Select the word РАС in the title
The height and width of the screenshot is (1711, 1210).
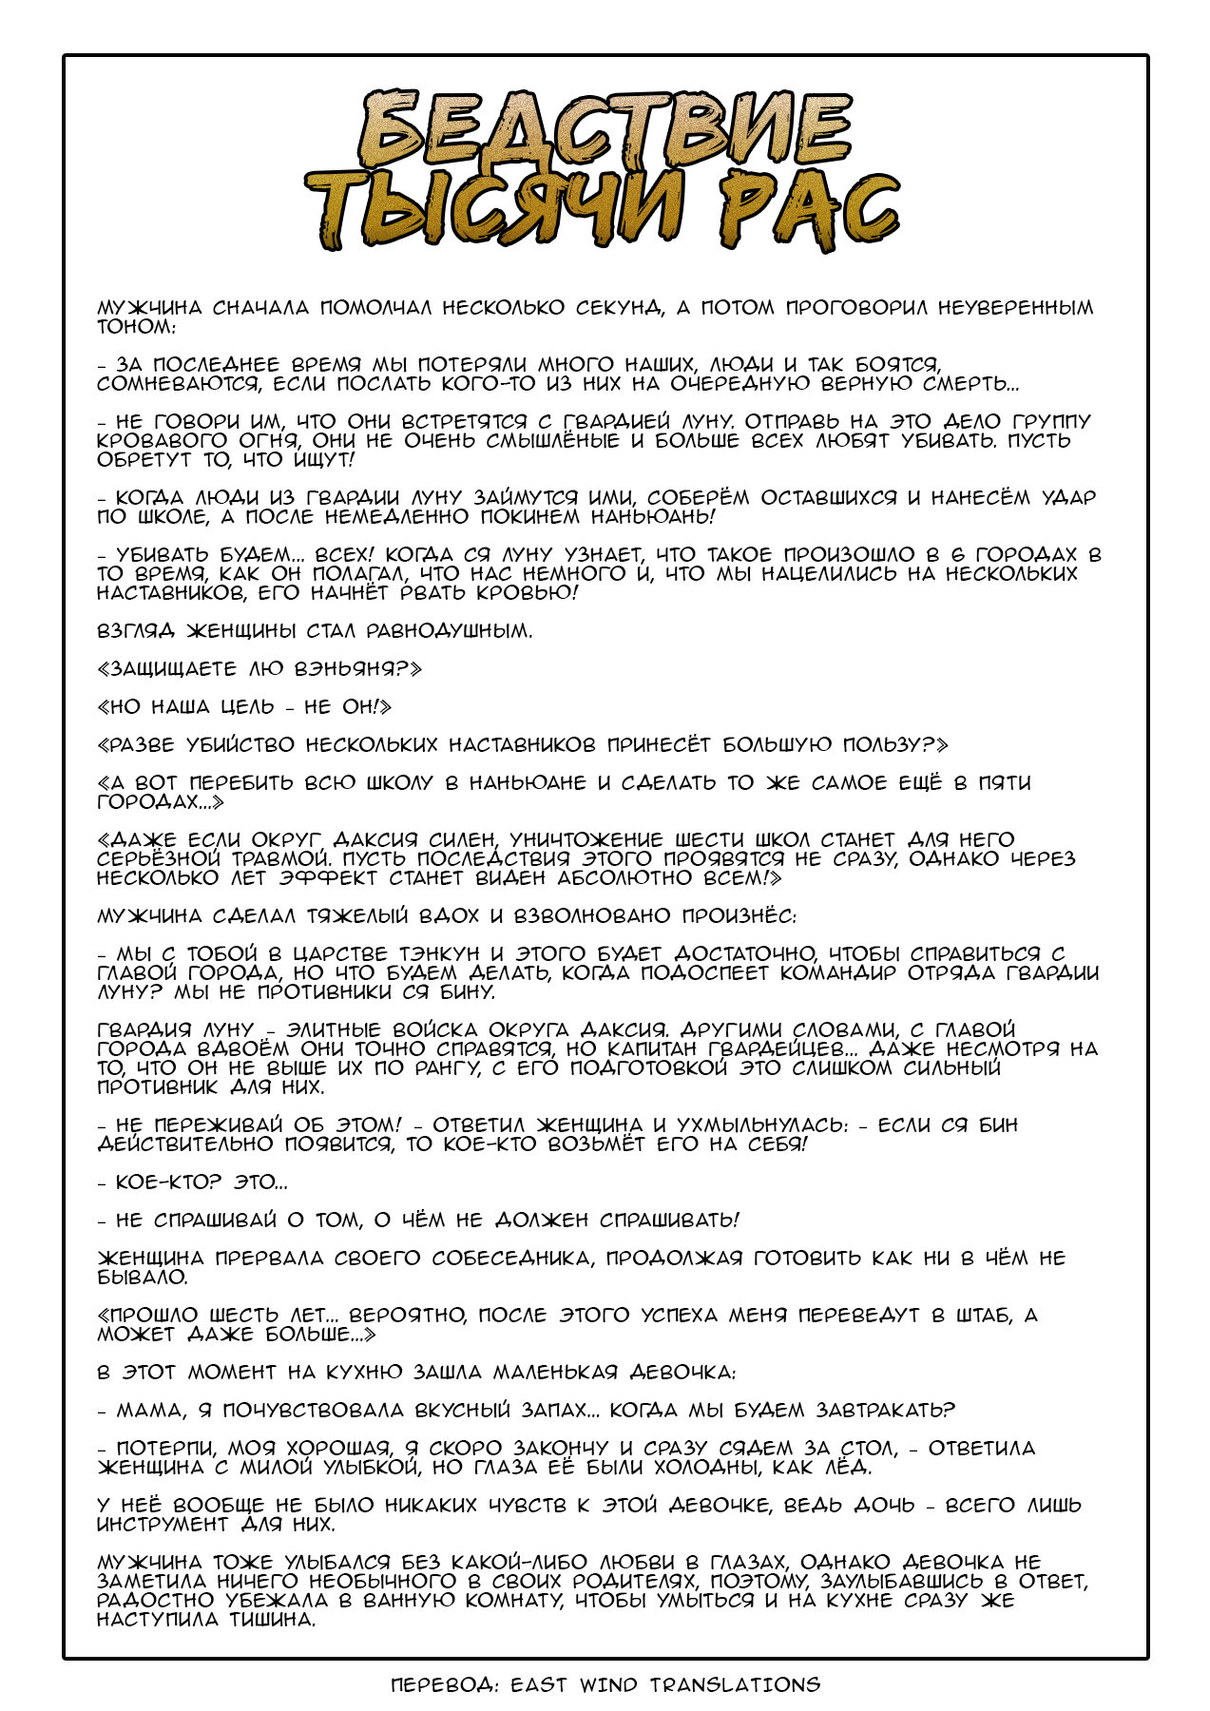810,211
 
